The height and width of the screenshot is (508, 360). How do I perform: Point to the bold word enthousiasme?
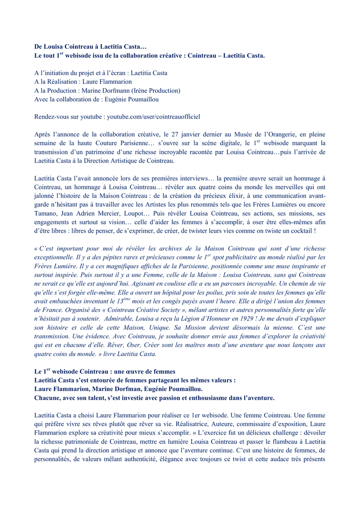point(202,398)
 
